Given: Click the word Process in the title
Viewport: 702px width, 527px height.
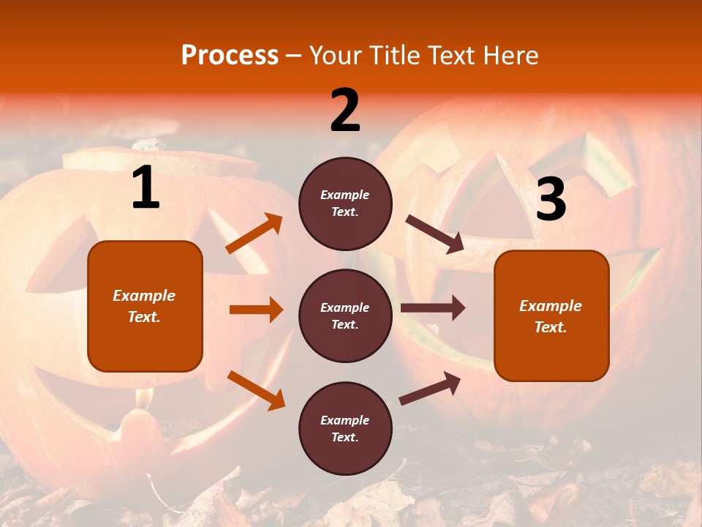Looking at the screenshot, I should [230, 56].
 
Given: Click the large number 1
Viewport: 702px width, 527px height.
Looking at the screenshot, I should [146, 188].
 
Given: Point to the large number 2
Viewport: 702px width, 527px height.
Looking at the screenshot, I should [345, 111].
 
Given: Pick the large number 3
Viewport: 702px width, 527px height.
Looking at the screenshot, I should [551, 199].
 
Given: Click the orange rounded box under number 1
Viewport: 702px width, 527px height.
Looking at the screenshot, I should [145, 306].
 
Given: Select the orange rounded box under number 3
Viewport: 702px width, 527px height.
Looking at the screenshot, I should [551, 315].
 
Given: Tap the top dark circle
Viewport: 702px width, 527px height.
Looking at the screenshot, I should [345, 203].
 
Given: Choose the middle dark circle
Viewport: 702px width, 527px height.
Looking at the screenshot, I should [345, 315].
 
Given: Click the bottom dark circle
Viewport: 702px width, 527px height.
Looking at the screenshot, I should [345, 428].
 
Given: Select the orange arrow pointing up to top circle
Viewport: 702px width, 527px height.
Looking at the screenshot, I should [254, 233].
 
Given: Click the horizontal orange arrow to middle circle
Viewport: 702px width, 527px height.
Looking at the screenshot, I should [256, 310].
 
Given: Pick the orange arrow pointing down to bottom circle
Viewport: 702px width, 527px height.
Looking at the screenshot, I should [256, 390].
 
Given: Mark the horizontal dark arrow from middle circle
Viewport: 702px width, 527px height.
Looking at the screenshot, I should [433, 308].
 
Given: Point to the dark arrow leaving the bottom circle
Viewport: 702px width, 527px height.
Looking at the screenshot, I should [430, 388].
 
